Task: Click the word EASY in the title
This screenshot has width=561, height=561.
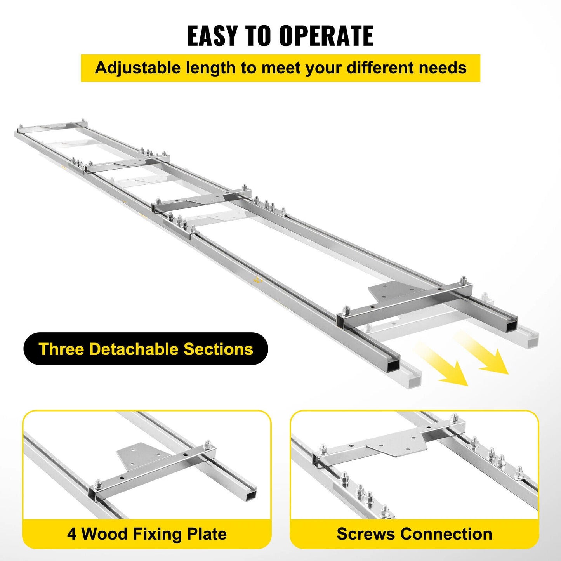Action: pyautogui.click(x=212, y=36)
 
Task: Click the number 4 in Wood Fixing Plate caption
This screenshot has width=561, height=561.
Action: pyautogui.click(x=72, y=534)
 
